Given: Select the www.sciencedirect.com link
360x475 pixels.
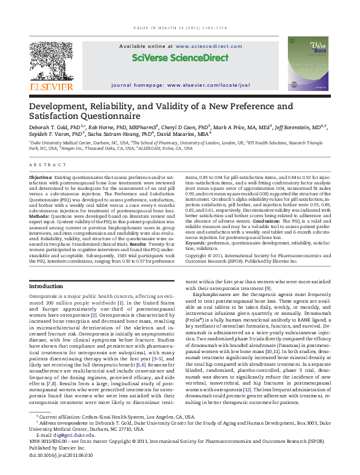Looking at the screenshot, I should point(204,45).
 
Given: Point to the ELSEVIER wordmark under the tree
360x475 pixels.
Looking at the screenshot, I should point(51,86).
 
